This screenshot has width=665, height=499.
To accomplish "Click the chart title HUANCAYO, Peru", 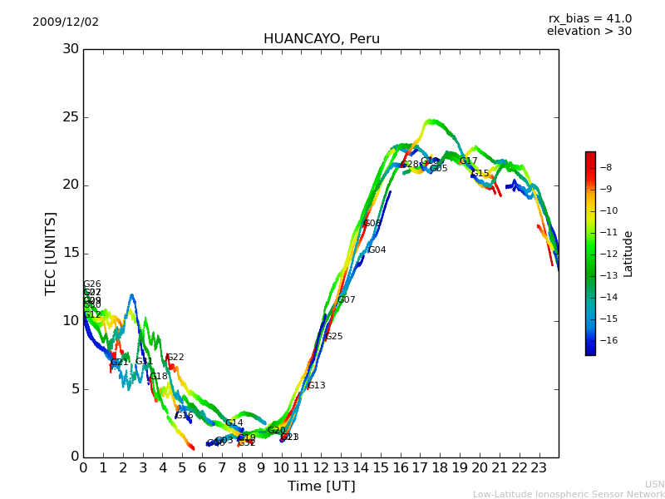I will coord(321,39).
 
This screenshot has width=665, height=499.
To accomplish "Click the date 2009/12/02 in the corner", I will coord(66,22).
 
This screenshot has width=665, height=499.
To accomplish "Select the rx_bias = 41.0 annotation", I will coord(589,19).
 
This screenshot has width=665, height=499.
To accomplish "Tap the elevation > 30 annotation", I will coord(589,32).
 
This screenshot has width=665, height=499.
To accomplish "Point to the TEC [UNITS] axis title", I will coord(51,253).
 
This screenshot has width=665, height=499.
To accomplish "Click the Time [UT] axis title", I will coord(321,487).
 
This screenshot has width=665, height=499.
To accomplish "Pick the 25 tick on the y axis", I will coord(71,117).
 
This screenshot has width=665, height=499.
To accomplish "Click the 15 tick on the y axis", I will coord(71,254).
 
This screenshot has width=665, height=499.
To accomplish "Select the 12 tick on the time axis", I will coord(321,468).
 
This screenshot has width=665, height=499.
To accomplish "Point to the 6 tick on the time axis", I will coord(202,468).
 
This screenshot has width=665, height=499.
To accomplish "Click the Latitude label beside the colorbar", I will coord(628,254).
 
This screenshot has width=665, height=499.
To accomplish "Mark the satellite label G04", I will coord(377,250).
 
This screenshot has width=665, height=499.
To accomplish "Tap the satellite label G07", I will coord(346,300).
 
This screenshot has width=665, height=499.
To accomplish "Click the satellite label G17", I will coord(468,161).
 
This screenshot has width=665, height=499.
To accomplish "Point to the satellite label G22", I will coord(175,358).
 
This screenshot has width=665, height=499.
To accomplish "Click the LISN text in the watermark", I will coord(654,484).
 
